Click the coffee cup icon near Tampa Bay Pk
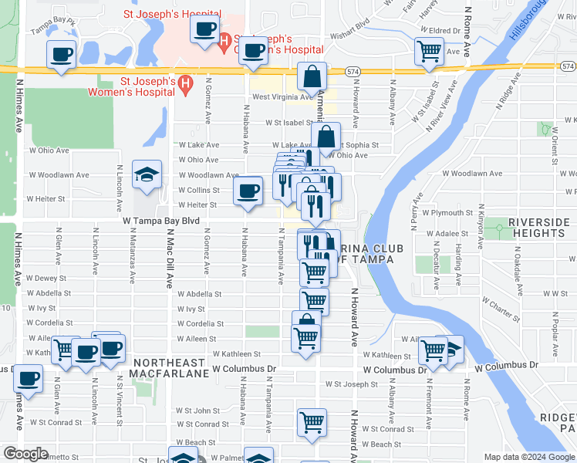coord(62,54)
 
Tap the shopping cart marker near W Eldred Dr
coord(430,52)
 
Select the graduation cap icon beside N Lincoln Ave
coord(147,175)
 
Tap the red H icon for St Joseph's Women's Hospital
coord(184,84)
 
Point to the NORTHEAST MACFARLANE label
coord(170,368)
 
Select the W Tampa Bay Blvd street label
coord(160,221)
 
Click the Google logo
coord(26,455)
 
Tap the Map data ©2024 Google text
coord(528,457)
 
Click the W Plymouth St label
coord(444,212)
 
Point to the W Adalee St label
coord(443,232)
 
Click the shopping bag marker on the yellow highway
coord(313,76)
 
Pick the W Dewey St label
coord(46,278)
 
